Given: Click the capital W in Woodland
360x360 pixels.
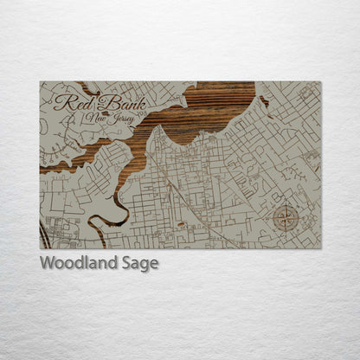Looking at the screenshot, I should click(48, 262).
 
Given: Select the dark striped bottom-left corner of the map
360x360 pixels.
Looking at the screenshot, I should click(43, 237).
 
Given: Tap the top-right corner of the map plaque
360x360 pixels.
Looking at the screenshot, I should click(319, 82).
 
